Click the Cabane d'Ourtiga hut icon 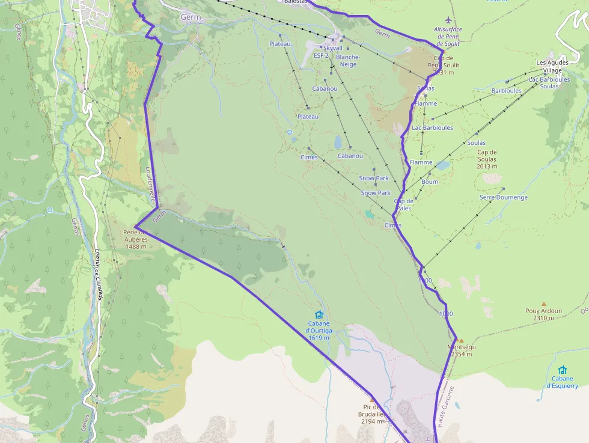pyautogui.click(x=319, y=314)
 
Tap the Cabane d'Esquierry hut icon pyautogui.click(x=562, y=370)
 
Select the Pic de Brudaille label pyautogui.click(x=371, y=414)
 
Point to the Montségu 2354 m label pyautogui.click(x=462, y=350)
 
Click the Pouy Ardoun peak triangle pyautogui.click(x=544, y=304)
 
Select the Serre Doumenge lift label pyautogui.click(x=504, y=197)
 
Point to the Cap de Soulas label pyautogui.click(x=487, y=159)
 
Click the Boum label pyautogui.click(x=430, y=182)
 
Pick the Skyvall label pyautogui.click(x=332, y=47)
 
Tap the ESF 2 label pyautogui.click(x=321, y=55)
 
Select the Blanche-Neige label pyautogui.click(x=349, y=61)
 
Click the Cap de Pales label pyautogui.click(x=404, y=204)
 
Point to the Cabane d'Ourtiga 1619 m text pyautogui.click(x=318, y=331)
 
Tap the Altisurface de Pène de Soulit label pyautogui.click(x=447, y=36)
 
